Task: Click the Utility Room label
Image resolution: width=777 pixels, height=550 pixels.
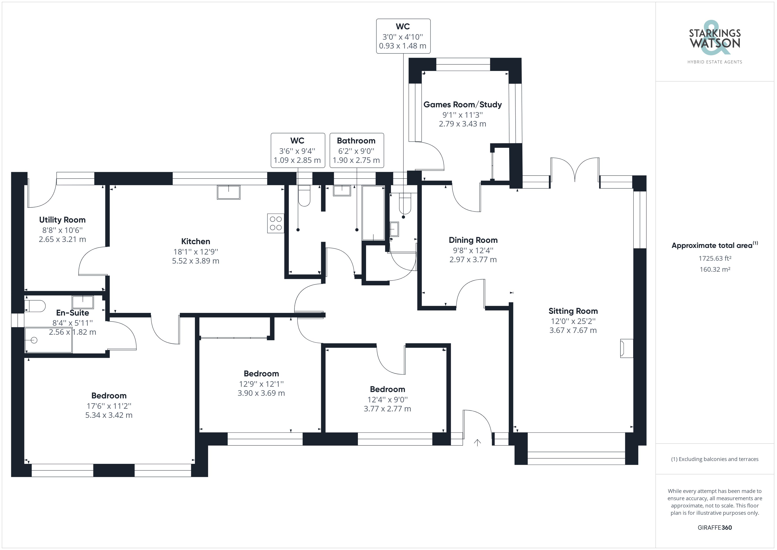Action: pos(62,220)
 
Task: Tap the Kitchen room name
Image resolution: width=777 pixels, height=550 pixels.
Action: pos(196,242)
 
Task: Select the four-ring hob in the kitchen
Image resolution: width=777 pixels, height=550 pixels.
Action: pos(276,223)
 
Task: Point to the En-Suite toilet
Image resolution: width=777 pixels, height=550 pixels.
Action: pos(35,306)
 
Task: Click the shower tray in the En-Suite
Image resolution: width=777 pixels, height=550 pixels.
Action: pos(48,340)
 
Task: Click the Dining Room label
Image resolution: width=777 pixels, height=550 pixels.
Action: pos(473,240)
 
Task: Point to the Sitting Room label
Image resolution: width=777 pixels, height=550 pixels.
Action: pos(573,311)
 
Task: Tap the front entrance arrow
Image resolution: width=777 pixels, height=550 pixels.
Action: pos(477,442)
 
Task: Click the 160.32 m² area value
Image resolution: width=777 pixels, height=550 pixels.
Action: pos(715,269)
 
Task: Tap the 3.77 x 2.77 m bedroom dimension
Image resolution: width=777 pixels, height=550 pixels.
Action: pos(387,409)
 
